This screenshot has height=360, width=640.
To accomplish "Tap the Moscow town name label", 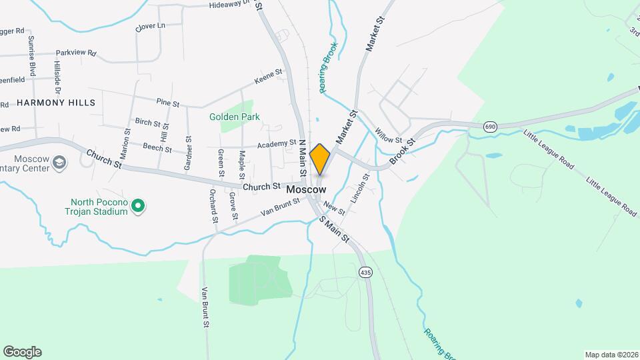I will pyautogui.click(x=306, y=190).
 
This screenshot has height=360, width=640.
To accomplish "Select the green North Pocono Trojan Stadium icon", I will pyautogui.click(x=138, y=207).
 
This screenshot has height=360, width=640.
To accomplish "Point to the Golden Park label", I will pyautogui.click(x=235, y=117).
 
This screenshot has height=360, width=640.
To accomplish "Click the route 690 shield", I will pyautogui.click(x=491, y=127).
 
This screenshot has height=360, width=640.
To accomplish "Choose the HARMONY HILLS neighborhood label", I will pyautogui.click(x=56, y=103).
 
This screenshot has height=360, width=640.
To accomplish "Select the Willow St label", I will pyautogui.click(x=389, y=136).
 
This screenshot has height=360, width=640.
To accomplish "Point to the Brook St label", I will pyautogui.click(x=402, y=151).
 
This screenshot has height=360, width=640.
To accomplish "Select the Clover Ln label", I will pyautogui.click(x=149, y=26).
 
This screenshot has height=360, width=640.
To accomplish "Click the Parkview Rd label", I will pyautogui.click(x=76, y=53).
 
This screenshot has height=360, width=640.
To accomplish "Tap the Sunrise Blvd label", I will pyautogui.click(x=31, y=56).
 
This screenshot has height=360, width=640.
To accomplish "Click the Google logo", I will pyautogui.click(x=22, y=352).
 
